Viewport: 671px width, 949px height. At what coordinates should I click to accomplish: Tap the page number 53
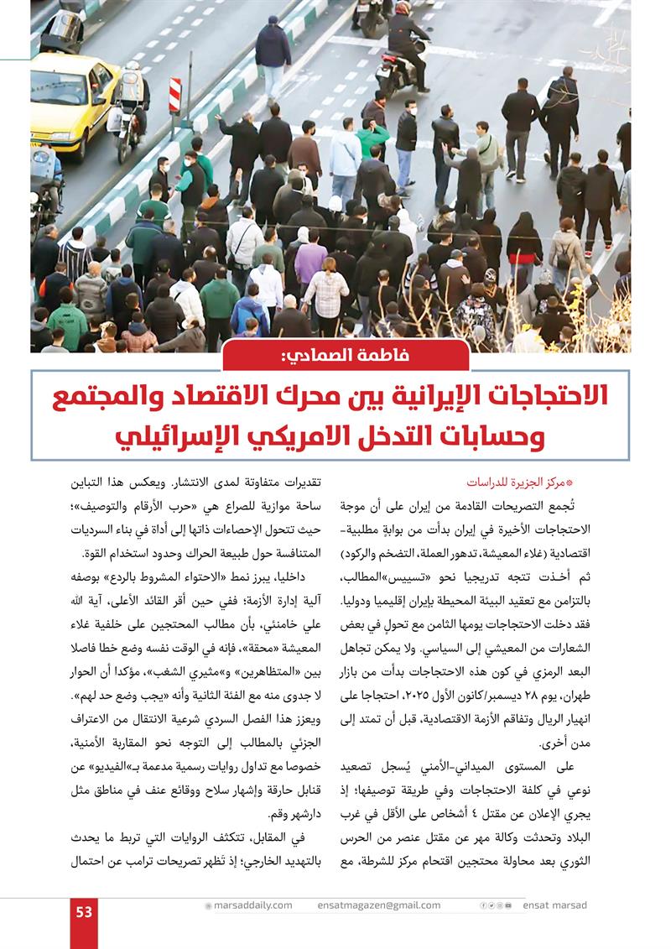tap(84, 912)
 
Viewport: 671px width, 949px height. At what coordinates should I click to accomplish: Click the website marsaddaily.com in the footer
tap(252, 905)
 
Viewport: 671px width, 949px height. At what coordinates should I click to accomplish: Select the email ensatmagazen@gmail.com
tap(379, 905)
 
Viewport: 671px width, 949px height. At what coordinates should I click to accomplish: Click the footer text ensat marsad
tap(555, 905)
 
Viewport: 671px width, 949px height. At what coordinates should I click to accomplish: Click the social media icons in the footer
tap(494, 905)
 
